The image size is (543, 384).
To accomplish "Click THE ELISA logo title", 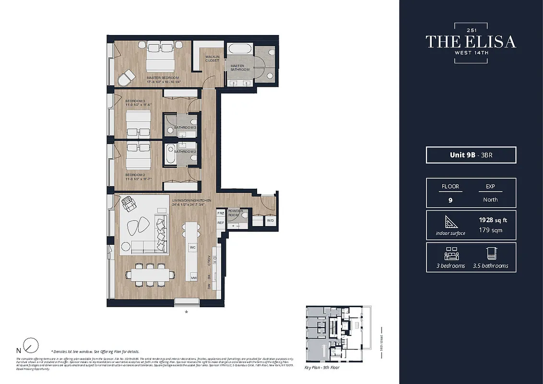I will point(471,42).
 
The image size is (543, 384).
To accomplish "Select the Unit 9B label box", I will point(471,155).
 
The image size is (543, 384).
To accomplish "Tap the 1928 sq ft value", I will point(493,220).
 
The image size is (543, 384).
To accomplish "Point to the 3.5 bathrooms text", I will point(490,265).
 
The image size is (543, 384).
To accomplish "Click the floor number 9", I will point(450,200).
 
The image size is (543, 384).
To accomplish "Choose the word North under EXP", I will point(490,200).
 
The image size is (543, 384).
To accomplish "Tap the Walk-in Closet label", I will point(212,59).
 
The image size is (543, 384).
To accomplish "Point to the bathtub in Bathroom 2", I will point(171,155).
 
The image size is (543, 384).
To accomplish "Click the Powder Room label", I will point(236,212).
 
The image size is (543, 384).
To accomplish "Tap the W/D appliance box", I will point(270,221).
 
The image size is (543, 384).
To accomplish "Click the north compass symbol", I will point(32,345).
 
